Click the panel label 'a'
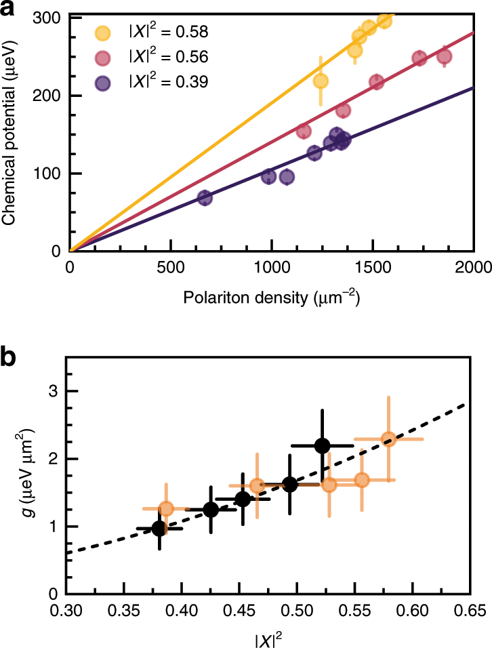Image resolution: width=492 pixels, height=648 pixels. (x=9, y=9)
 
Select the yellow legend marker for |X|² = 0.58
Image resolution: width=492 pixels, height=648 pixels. (x=103, y=32)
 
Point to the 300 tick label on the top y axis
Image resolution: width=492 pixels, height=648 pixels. (x=48, y=18)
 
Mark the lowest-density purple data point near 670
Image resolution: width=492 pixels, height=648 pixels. (x=205, y=198)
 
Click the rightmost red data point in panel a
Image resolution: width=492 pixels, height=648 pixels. (x=444, y=57)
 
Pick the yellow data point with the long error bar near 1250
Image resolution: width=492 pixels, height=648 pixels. (x=321, y=81)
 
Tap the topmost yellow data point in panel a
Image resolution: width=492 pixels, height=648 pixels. (x=384, y=21)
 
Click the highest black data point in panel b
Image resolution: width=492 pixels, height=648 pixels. (x=322, y=445)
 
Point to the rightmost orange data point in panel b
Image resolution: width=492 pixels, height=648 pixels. (x=388, y=439)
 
